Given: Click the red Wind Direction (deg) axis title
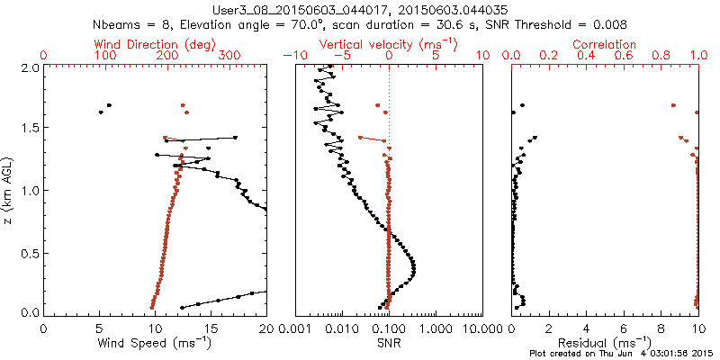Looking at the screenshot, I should coord(156,43).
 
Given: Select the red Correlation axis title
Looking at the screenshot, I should coord(605,43).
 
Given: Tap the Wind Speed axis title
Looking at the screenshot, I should coord(156,344).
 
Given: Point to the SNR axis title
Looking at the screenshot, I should coord(389,344).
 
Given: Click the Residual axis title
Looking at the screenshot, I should coord(605,344).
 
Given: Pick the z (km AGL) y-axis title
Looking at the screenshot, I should coord(9,190).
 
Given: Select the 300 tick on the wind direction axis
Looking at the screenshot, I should coord(229,56).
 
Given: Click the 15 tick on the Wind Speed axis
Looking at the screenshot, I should coord(211,328).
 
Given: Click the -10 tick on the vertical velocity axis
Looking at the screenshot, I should coord(292,56).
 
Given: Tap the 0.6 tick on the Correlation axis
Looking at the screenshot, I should coord(624,56).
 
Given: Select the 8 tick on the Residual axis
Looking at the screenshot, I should coord(661,328).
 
